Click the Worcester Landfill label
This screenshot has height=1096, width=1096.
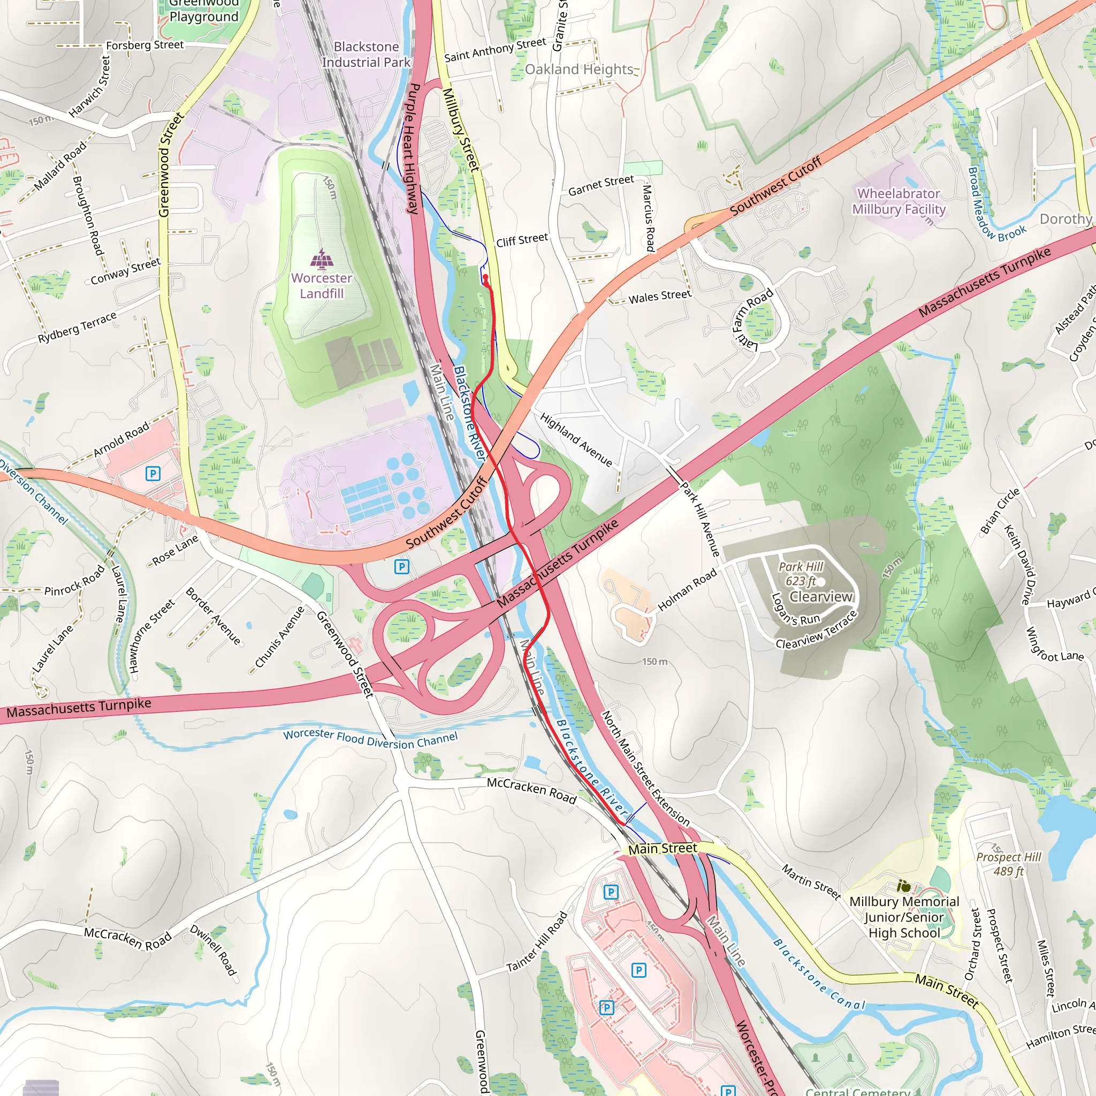322,286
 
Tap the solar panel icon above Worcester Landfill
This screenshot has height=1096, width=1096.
322,259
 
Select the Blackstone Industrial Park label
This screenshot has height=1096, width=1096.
366,55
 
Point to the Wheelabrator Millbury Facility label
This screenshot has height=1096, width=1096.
899,201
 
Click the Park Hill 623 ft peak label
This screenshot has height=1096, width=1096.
801,574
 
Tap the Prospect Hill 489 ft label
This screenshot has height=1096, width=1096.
1008,863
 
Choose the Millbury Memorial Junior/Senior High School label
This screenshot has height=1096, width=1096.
904,917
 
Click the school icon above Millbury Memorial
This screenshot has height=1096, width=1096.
904,885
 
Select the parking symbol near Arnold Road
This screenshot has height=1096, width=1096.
153,473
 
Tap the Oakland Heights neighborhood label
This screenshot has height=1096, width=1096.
579,69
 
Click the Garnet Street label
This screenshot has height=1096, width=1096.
602,186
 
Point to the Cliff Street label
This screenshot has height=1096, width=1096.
522,240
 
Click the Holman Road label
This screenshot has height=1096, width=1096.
687,591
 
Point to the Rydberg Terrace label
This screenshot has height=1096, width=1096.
77,328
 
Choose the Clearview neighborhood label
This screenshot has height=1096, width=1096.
821,597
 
